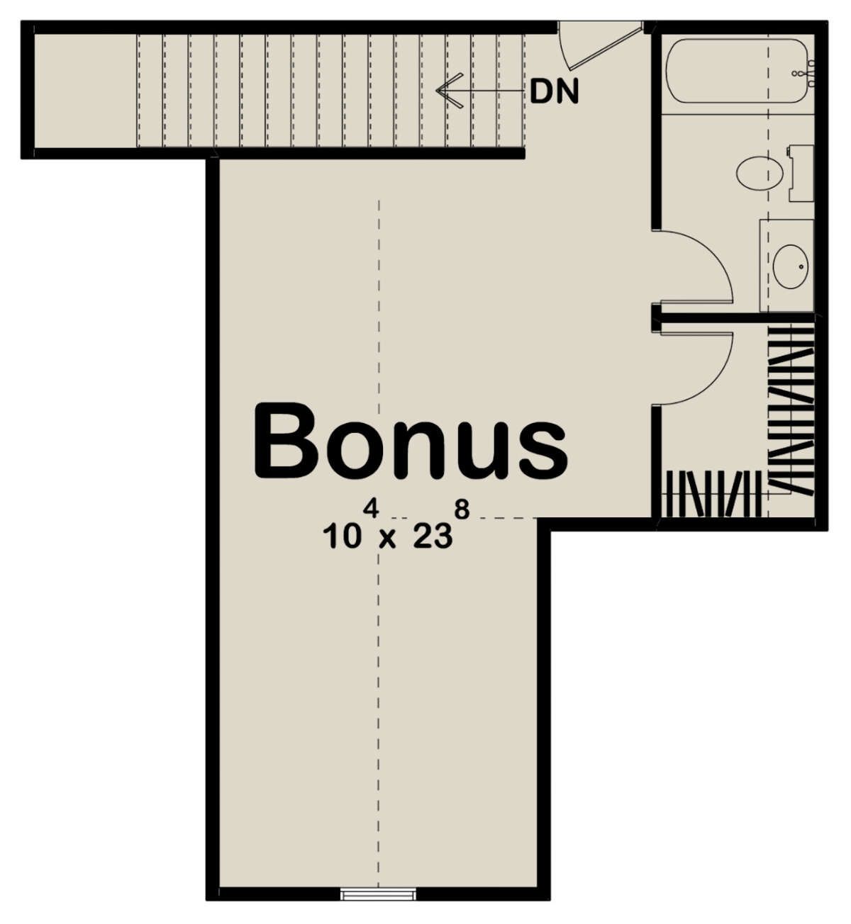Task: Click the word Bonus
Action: [411, 441]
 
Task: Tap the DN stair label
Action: [554, 91]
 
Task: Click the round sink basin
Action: [791, 266]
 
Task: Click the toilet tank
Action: [801, 173]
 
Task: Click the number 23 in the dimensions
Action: [433, 538]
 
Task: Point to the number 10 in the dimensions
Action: [342, 538]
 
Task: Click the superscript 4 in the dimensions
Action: [371, 510]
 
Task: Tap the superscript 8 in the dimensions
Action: [462, 510]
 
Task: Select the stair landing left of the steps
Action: [86, 91]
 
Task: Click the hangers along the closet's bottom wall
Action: [711, 493]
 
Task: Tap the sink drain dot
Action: [801, 266]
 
